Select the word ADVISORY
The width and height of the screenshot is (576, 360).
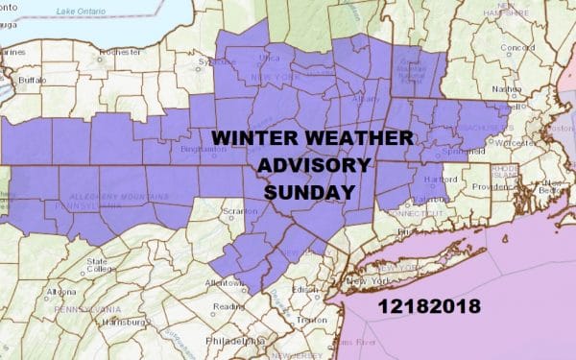click(314, 165)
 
